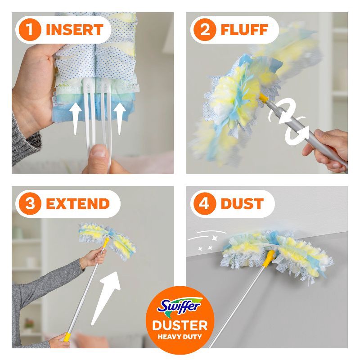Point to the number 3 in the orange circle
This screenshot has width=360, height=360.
(30, 203)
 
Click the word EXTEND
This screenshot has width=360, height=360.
(77, 203)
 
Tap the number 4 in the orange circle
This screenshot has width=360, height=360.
(205, 203)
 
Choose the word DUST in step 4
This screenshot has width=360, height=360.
(242, 203)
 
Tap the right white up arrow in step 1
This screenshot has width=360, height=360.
(119, 118)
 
